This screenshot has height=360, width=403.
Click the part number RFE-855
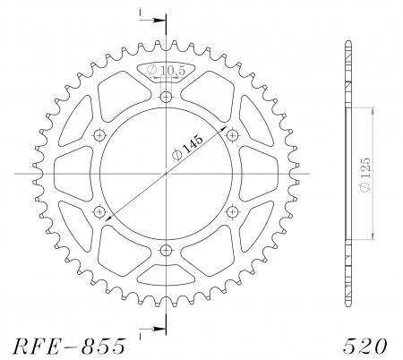(70, 346)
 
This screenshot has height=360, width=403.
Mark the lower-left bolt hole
(99, 211)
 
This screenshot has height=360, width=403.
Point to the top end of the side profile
(347, 42)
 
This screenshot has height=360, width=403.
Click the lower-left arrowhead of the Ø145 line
(108, 218)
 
